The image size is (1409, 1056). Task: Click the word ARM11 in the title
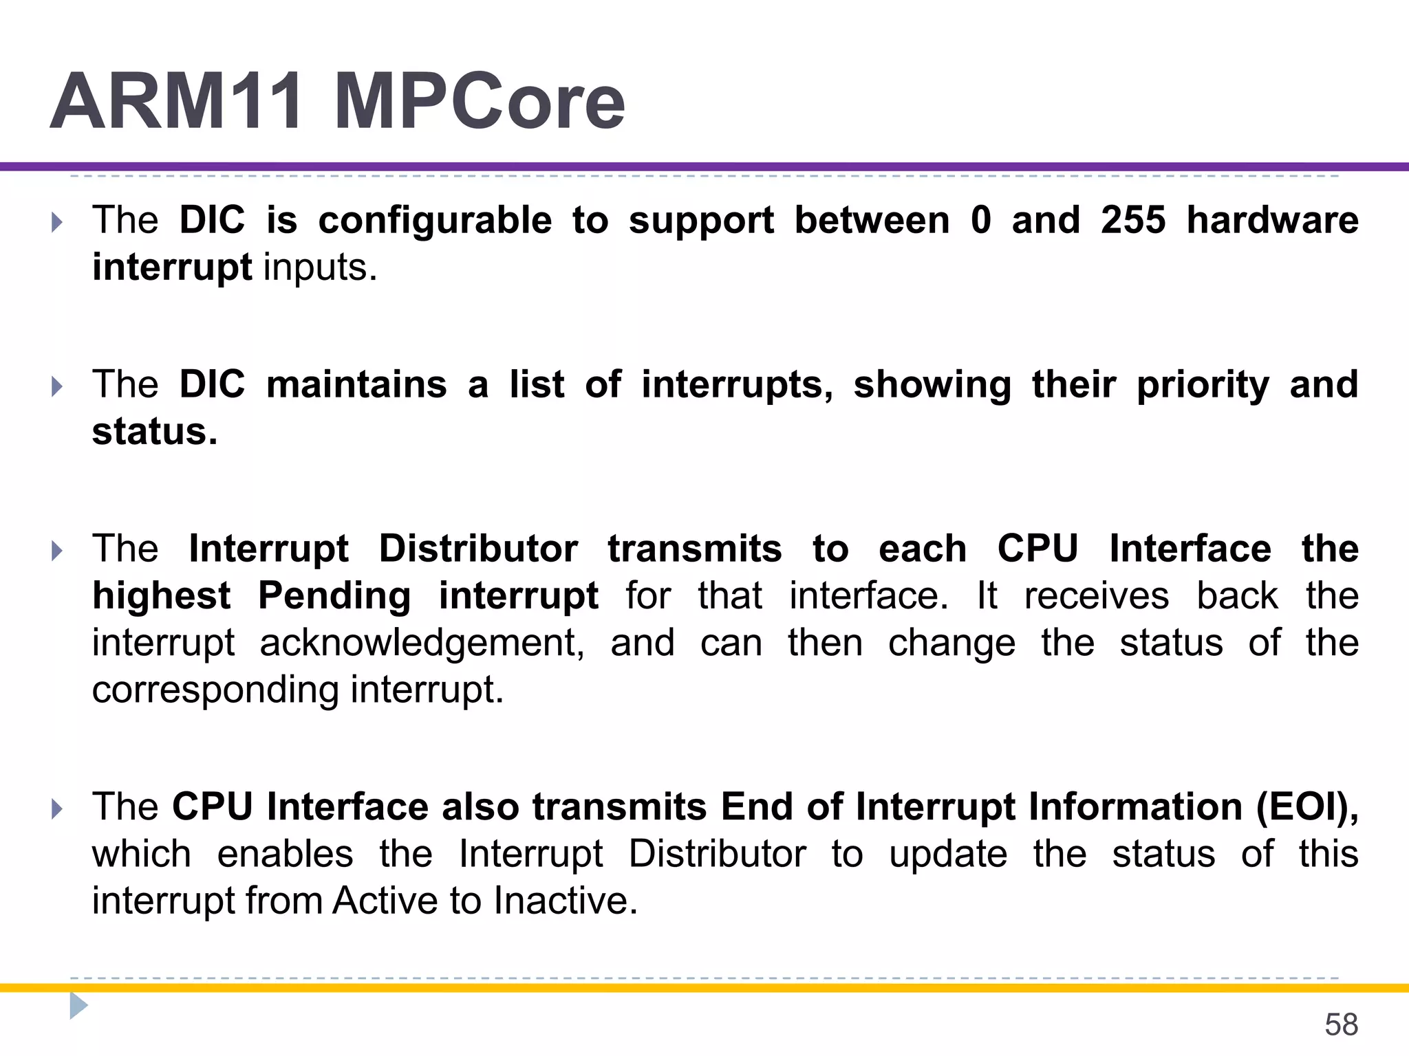(177, 102)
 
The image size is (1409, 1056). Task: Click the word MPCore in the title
(480, 102)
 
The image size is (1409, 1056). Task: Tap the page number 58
(1341, 1024)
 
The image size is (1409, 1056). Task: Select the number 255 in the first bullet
(1133, 220)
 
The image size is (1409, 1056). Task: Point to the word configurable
(435, 221)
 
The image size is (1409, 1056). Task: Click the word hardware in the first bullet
(1273, 220)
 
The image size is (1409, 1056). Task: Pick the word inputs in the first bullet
(321, 268)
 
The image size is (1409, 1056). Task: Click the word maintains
(356, 384)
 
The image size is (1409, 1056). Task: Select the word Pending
(334, 596)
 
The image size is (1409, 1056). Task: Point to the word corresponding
(215, 691)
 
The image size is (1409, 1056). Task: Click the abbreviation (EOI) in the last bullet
(1307, 807)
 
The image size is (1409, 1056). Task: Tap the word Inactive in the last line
(566, 901)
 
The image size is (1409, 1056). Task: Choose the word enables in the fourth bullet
(285, 855)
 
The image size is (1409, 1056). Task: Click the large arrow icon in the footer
(78, 1006)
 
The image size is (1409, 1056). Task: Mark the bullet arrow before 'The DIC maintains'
(57, 386)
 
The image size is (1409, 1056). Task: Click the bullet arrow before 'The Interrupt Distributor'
(57, 551)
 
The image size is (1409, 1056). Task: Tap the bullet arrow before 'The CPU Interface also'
(57, 808)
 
